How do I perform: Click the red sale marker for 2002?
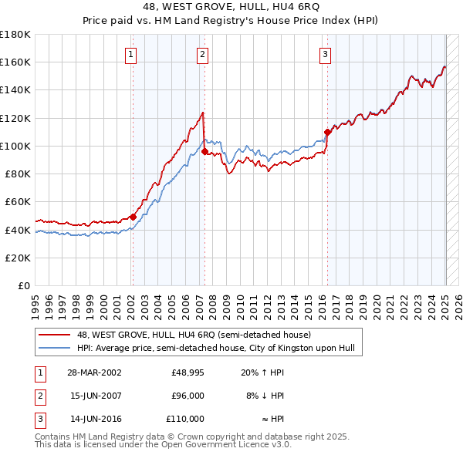click(x=133, y=217)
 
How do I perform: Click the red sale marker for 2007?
click(x=204, y=151)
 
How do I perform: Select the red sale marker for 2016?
click(x=327, y=132)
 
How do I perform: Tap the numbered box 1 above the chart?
click(x=131, y=54)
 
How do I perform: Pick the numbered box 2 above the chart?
click(x=202, y=54)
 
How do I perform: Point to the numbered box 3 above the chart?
click(x=326, y=54)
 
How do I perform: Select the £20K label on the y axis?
click(x=18, y=258)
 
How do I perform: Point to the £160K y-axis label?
click(x=15, y=62)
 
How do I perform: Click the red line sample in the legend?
click(x=55, y=335)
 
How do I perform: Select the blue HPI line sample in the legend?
click(x=55, y=349)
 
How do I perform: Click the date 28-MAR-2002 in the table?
click(x=94, y=373)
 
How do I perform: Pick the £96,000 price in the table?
click(x=188, y=396)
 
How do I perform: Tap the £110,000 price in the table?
click(x=186, y=419)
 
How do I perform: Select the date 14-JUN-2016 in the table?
click(x=94, y=419)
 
